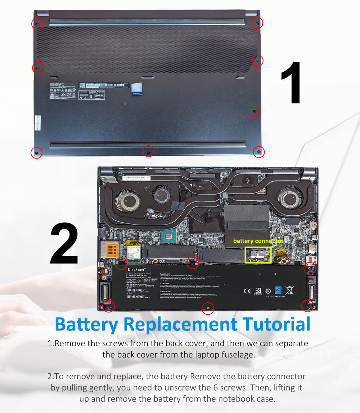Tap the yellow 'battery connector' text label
258,241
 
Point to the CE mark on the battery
248,291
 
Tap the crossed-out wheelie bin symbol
289,290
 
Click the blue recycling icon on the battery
278,290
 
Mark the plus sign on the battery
275,274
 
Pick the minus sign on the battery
260,274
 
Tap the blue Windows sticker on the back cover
136,89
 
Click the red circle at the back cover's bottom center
148,151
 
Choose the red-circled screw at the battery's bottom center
208,308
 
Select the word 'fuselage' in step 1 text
238,355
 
